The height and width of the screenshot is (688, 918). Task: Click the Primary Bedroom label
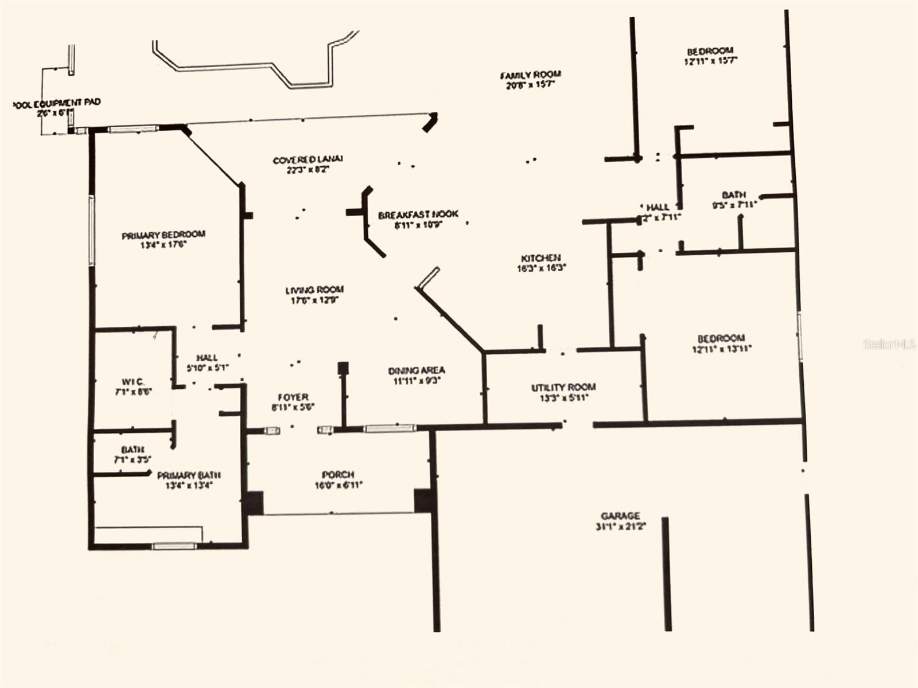pos(164,235)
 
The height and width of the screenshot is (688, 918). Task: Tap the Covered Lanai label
pos(308,160)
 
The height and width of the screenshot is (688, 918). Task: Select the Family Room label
pos(530,75)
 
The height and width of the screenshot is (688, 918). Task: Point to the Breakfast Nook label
pos(418,214)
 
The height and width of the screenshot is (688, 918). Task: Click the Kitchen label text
pos(540,259)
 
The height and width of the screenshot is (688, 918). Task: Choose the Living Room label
pos(314,290)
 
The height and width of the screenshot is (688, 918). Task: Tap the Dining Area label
pos(417,371)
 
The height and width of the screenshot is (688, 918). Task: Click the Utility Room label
pos(563,388)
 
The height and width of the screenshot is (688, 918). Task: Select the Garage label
pos(620,516)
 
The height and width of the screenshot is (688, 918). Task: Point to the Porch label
pos(338,475)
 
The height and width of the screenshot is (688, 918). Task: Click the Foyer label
pos(293,397)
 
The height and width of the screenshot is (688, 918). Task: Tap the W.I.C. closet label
pos(133,382)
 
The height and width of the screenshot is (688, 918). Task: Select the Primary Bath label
pos(189,475)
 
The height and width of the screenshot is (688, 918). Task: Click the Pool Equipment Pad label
pos(57,103)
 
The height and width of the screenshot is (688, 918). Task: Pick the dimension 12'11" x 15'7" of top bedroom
pos(710,61)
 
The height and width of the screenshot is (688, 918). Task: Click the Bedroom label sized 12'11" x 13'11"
pos(721,339)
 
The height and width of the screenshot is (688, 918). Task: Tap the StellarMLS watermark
pos(889,344)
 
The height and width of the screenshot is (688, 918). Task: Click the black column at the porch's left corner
pos(253,502)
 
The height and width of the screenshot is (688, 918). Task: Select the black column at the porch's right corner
pos(423,500)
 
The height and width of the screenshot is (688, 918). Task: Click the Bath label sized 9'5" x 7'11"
pos(734,195)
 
